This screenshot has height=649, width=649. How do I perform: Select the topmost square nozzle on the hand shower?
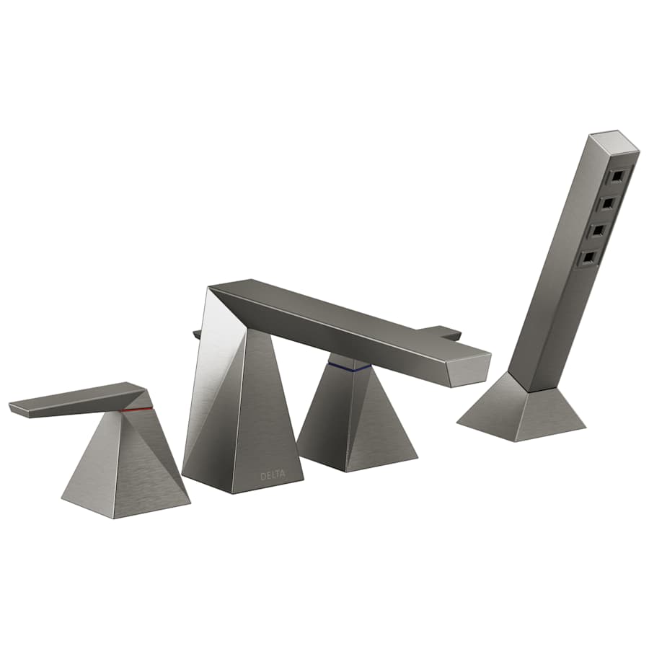click(617, 175)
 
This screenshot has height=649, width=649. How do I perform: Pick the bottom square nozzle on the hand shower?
click(589, 257)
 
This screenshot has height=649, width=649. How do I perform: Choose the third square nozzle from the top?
click(599, 230)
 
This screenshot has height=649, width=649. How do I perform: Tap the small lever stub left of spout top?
click(196, 333)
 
